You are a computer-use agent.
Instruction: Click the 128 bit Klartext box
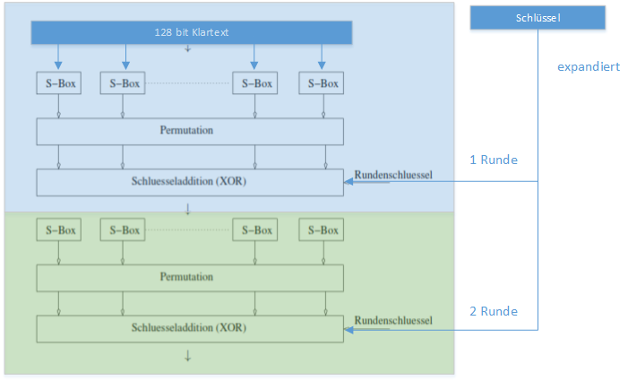point(192,32)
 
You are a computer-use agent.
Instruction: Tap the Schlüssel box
point(538,18)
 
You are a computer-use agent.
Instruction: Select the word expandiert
point(589,66)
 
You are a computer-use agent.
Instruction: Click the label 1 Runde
point(494,160)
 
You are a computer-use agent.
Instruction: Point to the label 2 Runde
point(494,311)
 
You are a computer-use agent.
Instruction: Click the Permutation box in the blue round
point(190,132)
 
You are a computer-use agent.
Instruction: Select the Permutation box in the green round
point(190,278)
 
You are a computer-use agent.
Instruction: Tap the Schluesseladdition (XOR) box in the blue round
point(190,182)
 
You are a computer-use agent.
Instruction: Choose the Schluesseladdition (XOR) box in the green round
point(190,329)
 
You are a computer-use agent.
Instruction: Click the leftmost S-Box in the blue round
point(59,83)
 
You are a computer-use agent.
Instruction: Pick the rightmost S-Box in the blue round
point(322,83)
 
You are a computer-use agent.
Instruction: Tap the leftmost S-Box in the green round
point(59,229)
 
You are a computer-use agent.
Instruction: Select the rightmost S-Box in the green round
point(322,229)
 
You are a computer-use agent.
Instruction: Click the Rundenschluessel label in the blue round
point(393,175)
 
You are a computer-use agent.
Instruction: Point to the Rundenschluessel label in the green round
point(393,321)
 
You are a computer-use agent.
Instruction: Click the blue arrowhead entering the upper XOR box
point(348,181)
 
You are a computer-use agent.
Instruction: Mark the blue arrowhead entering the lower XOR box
point(348,330)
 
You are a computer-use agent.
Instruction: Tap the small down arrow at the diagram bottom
point(187,356)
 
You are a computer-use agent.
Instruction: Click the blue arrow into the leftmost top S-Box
point(58,56)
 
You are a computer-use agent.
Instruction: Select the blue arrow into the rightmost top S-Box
point(322,56)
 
